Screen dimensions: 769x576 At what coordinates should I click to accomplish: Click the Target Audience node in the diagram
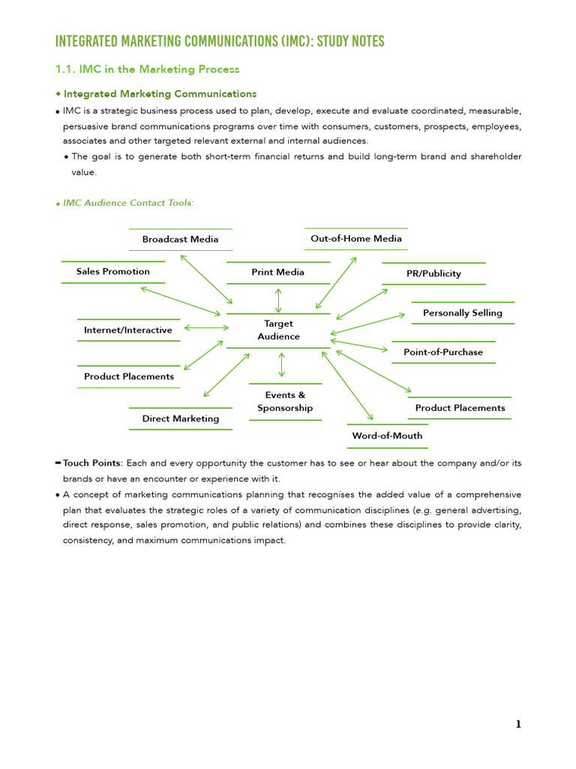pyautogui.click(x=278, y=330)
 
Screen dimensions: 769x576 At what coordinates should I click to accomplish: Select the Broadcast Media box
pyautogui.click(x=181, y=240)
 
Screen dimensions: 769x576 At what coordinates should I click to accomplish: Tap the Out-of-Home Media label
pyautogui.click(x=356, y=239)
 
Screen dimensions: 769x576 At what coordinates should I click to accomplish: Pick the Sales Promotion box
pyautogui.click(x=113, y=272)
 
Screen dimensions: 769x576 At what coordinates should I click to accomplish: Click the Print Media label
pyautogui.click(x=278, y=273)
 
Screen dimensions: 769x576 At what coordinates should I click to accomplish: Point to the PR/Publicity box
pyautogui.click(x=433, y=274)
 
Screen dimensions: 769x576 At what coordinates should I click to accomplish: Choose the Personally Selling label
pyautogui.click(x=463, y=313)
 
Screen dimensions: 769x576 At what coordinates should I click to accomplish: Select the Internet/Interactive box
pyautogui.click(x=128, y=330)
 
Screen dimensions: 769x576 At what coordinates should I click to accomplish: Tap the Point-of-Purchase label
pyautogui.click(x=443, y=352)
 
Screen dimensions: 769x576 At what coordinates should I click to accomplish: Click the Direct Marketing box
pyautogui.click(x=181, y=419)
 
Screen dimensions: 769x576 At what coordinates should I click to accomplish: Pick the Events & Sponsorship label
pyautogui.click(x=285, y=402)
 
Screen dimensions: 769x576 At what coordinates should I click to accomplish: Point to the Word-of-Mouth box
pyautogui.click(x=387, y=436)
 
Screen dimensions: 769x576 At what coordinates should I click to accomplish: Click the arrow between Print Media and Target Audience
pyautogui.click(x=279, y=300)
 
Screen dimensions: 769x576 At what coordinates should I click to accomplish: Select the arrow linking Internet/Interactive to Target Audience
pyautogui.click(x=206, y=328)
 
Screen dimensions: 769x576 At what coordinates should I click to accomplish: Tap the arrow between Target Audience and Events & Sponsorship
pyautogui.click(x=282, y=364)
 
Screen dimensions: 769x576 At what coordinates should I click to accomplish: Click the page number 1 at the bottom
pyautogui.click(x=518, y=725)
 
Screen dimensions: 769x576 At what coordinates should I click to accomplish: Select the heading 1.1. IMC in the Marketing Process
pyautogui.click(x=147, y=69)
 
